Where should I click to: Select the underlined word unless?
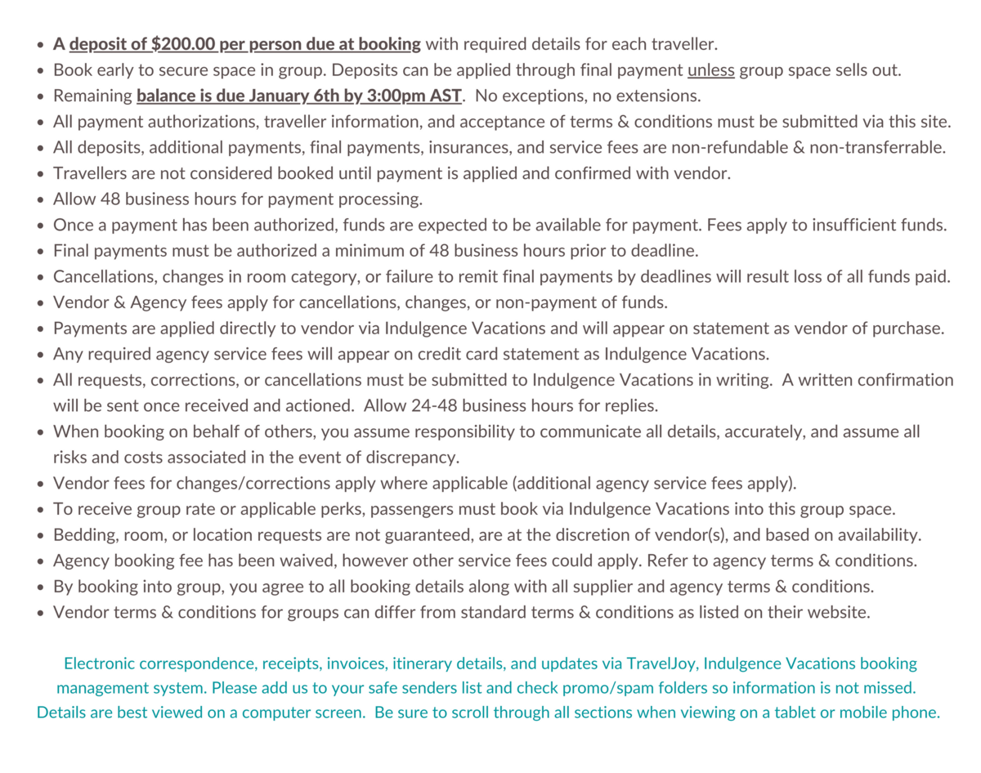tap(710, 70)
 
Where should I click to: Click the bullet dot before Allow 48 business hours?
tap(40, 200)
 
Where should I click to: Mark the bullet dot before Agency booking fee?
tap(40, 562)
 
